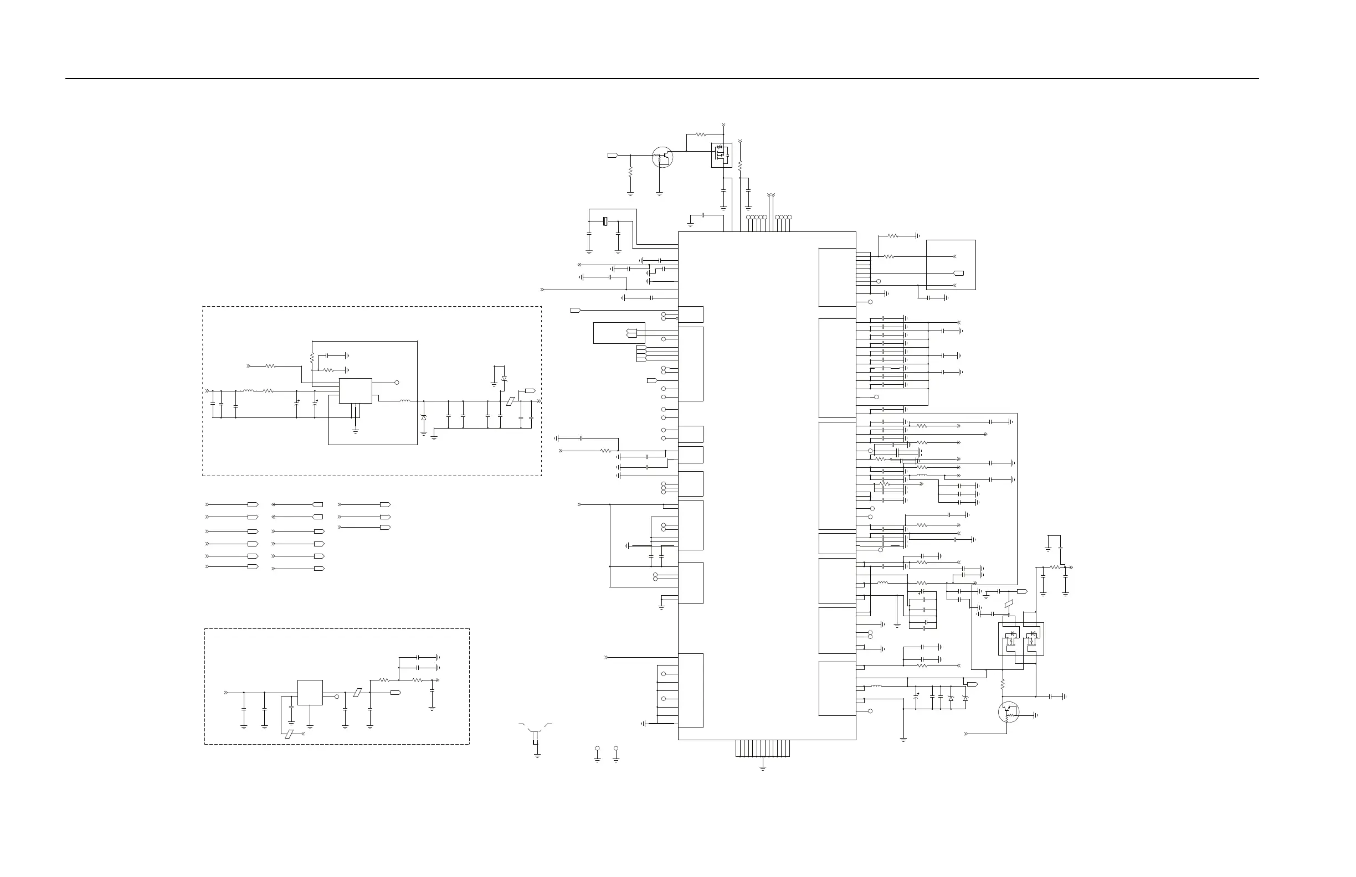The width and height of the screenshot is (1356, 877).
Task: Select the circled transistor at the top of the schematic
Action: point(662,157)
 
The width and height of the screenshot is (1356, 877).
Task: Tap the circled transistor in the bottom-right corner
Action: point(1009,713)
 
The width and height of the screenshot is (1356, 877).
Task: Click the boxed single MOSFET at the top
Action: point(721,155)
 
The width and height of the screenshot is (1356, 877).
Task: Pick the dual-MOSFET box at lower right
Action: point(1021,638)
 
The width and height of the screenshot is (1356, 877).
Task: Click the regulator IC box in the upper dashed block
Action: point(356,391)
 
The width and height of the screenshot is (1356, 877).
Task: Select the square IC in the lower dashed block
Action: point(310,693)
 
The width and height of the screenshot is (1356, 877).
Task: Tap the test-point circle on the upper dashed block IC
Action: point(397,382)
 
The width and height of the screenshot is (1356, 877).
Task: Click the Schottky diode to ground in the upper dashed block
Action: point(423,418)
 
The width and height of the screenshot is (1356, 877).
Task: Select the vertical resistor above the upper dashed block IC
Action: point(312,358)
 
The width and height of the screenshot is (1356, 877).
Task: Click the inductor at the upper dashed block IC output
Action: point(405,401)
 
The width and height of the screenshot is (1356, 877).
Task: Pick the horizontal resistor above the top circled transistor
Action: point(701,135)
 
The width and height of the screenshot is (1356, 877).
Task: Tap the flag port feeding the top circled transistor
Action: point(613,155)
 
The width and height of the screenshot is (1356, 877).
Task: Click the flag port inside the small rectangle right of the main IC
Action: point(959,274)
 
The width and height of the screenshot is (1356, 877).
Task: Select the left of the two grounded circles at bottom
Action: point(597,749)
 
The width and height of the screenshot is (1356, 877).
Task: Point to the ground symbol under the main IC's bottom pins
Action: point(763,768)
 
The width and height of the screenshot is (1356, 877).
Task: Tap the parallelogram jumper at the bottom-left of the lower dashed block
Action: point(290,734)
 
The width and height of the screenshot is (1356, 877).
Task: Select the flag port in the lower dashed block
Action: point(395,693)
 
